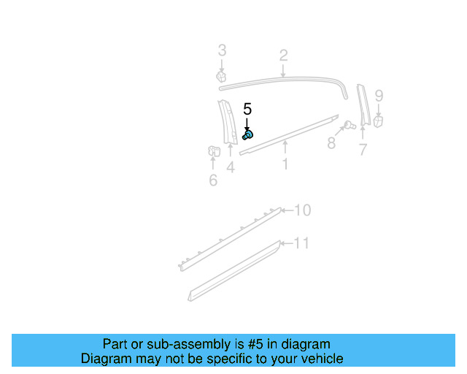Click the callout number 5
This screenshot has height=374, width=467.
pos(247,109)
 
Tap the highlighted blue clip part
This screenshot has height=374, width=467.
pos(248,135)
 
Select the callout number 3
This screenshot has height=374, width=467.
pos(223,50)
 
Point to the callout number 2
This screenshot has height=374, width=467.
pos(283,55)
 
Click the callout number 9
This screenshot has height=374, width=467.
pos(379,95)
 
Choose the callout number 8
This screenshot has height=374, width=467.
pos(331,143)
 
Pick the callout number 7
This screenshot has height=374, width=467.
pos(363,150)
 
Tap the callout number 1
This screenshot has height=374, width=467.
pos(285,164)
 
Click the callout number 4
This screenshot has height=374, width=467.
pos(230,168)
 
